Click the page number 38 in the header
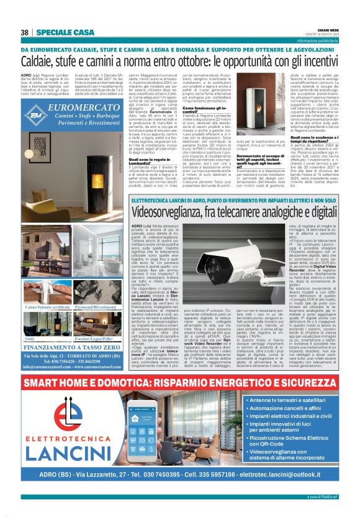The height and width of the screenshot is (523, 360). click(x=25, y=32)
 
